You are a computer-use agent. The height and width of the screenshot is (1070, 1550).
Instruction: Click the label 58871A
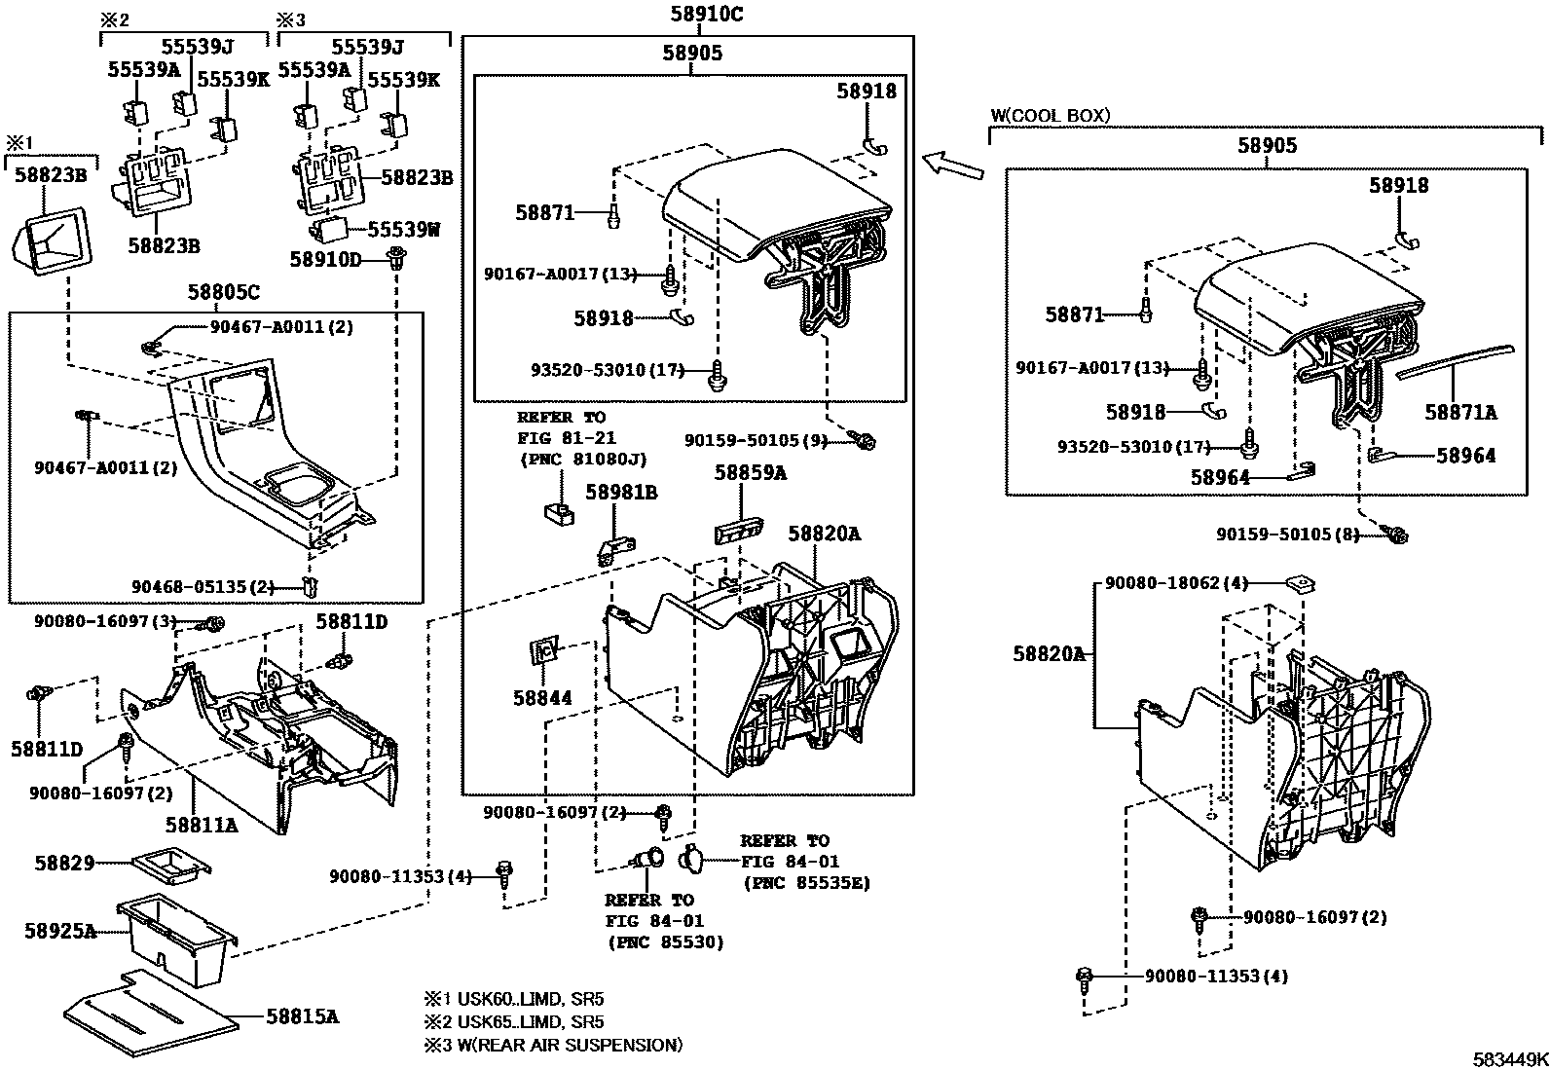[1460, 413]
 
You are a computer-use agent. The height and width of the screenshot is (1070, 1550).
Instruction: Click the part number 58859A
[750, 473]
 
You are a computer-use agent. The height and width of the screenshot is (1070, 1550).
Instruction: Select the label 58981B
[621, 493]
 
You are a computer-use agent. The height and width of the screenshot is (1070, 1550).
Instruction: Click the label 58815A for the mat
[303, 1016]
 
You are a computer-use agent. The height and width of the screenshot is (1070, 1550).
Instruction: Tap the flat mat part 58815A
[146, 1013]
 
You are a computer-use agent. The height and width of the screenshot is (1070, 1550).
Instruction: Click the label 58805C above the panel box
[223, 292]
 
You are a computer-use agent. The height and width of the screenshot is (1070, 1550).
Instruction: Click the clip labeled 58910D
[396, 258]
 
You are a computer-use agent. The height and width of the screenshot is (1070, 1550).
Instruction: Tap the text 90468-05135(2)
[203, 586]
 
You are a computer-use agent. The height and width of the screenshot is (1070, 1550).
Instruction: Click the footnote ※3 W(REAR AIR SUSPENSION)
[552, 1045]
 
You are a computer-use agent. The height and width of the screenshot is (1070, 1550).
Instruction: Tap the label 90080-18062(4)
[1176, 583]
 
